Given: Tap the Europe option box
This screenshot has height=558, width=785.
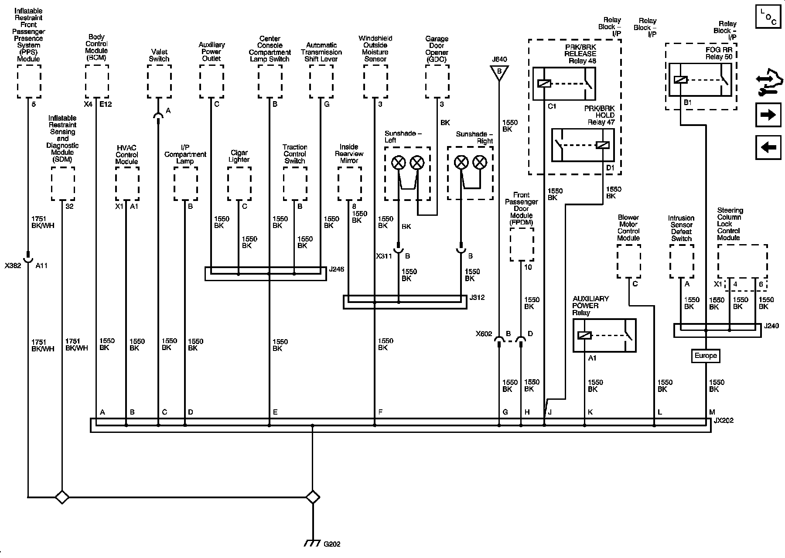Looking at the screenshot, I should point(705,356).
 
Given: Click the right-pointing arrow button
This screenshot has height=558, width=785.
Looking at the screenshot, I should point(768,115).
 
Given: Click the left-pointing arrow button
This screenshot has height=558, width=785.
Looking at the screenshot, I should point(768,148).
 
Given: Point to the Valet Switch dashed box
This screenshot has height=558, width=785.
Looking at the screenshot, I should point(159,81).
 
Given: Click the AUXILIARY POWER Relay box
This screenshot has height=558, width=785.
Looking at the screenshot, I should point(604,335).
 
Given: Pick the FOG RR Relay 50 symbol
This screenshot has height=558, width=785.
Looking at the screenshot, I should point(700,79).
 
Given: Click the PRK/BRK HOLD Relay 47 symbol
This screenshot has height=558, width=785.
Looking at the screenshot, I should point(583,145).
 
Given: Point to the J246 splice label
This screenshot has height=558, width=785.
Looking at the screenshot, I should point(337,269).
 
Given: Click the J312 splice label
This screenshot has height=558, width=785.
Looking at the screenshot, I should point(477,298).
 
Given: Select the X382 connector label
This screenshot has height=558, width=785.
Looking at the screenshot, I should point(12,265).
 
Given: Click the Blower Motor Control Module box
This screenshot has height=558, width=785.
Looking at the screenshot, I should point(628,261).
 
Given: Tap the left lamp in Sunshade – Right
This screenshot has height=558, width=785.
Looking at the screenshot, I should point(461,163).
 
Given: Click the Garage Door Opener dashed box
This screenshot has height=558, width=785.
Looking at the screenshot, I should point(437,81).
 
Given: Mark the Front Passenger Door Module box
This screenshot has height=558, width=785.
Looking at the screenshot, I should point(522,244).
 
